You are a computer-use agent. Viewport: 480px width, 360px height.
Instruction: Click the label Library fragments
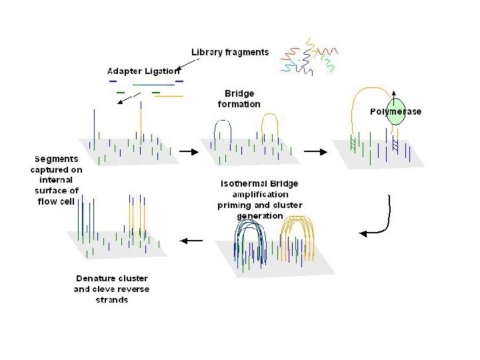coord(230,52)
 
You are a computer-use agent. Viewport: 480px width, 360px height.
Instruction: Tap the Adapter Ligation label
coord(143,71)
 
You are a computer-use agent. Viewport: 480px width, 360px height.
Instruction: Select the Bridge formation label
coord(239,99)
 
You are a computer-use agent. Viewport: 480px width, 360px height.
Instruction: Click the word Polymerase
coord(396,111)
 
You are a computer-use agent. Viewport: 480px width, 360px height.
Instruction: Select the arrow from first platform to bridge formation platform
coord(190,152)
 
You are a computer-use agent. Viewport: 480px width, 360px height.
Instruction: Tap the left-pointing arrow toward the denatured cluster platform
coord(193,241)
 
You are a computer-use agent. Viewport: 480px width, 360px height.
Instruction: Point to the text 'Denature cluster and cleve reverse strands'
coord(111,289)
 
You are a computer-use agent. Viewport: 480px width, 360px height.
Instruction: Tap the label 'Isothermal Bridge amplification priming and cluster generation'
coord(259,199)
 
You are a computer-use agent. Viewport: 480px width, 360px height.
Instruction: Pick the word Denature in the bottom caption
coord(93,278)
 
